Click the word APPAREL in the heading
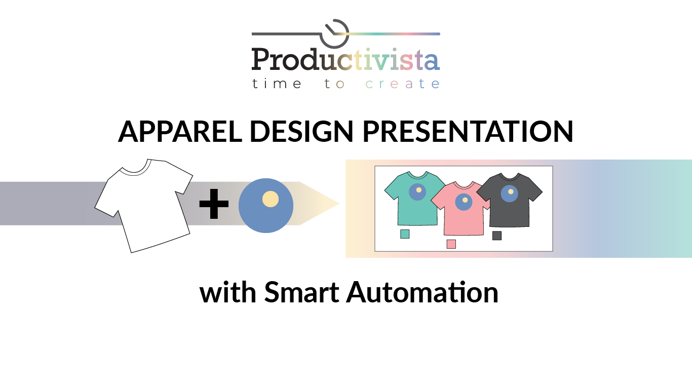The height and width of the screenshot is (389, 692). (180, 132)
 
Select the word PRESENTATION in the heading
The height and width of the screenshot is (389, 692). (467, 132)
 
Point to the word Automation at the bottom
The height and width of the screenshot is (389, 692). (422, 293)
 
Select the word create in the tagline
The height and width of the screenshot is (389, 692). (403, 84)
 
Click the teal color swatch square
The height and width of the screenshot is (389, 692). (405, 234)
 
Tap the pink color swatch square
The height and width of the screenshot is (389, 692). (451, 244)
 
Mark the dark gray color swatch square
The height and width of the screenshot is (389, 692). (497, 236)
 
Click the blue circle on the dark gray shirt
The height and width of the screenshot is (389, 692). (509, 193)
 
